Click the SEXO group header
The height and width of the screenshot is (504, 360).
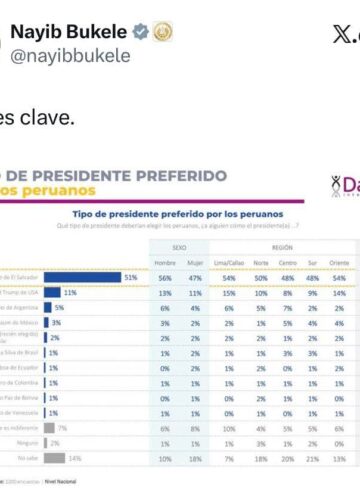[179, 243]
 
